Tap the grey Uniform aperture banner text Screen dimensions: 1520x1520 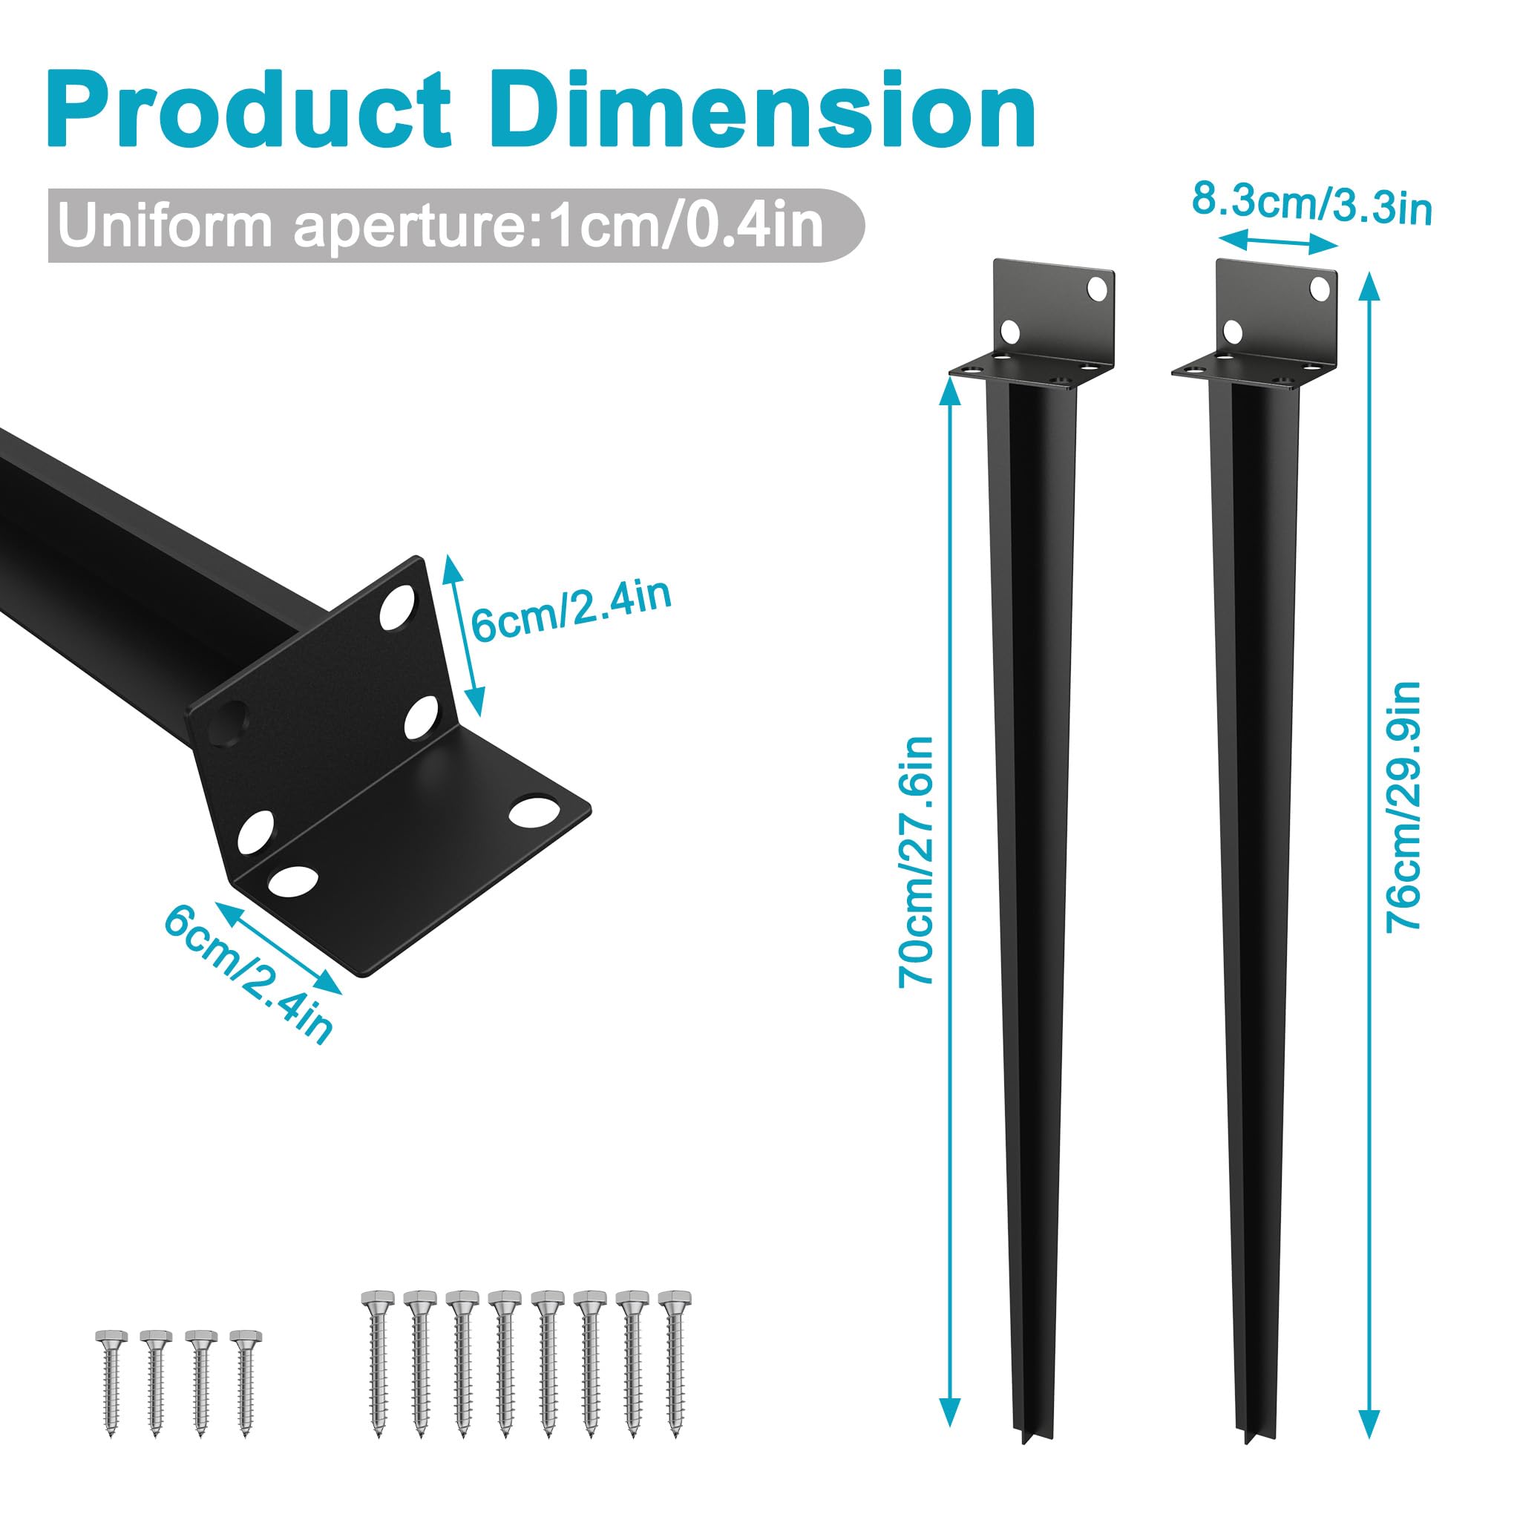point(441,226)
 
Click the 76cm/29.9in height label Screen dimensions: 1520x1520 point(1403,807)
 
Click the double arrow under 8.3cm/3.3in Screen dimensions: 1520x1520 point(1278,240)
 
